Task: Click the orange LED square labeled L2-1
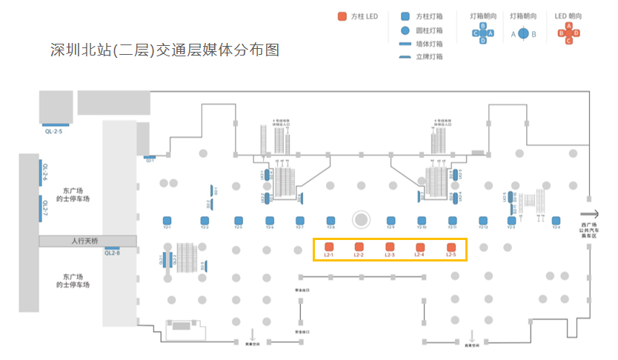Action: (x=329, y=247)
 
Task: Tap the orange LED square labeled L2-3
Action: (x=390, y=247)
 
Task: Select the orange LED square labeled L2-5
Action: (x=451, y=247)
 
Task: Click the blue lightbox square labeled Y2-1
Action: (x=167, y=220)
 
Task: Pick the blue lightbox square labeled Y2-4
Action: (x=556, y=220)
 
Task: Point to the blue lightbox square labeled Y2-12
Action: (x=483, y=220)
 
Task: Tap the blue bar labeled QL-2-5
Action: (x=56, y=125)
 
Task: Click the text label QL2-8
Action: (x=112, y=253)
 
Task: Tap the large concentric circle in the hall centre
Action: (x=361, y=219)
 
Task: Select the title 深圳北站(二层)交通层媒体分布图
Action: (x=165, y=50)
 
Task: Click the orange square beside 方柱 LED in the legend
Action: (x=342, y=16)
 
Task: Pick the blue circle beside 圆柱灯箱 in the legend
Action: (x=405, y=30)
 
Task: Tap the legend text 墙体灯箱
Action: (x=430, y=44)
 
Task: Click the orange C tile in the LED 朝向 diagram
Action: (x=569, y=41)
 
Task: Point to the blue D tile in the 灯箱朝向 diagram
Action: (x=483, y=41)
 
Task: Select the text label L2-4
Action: (x=419, y=256)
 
